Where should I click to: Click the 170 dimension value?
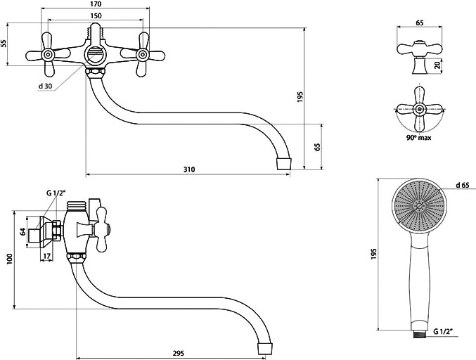(96, 4)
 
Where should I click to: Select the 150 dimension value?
(96, 15)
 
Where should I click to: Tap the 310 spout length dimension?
(189, 169)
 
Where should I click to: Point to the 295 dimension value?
(179, 354)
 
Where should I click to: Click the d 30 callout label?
(45, 86)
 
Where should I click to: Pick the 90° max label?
(419, 138)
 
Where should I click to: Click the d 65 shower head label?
(463, 185)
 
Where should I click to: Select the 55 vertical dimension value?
(4, 44)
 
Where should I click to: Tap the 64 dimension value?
(22, 231)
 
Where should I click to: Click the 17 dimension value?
(46, 256)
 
